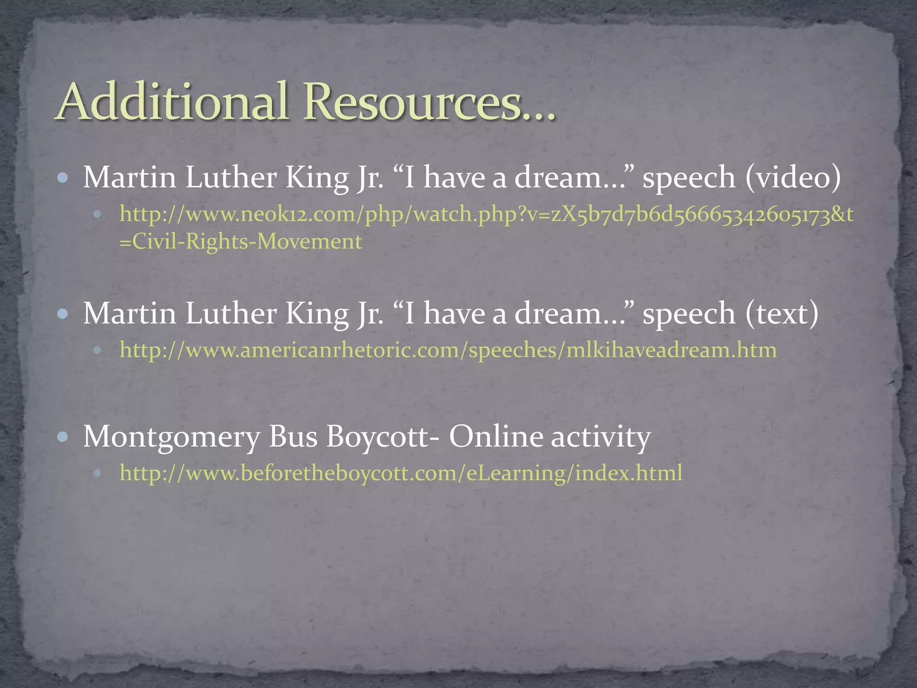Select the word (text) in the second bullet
(x=782, y=313)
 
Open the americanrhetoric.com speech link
(x=448, y=350)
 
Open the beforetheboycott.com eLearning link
(x=401, y=473)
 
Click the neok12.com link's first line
(x=486, y=215)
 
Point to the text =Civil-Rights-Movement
(x=240, y=242)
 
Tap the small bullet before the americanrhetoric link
(x=97, y=350)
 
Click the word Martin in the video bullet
(x=129, y=177)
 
